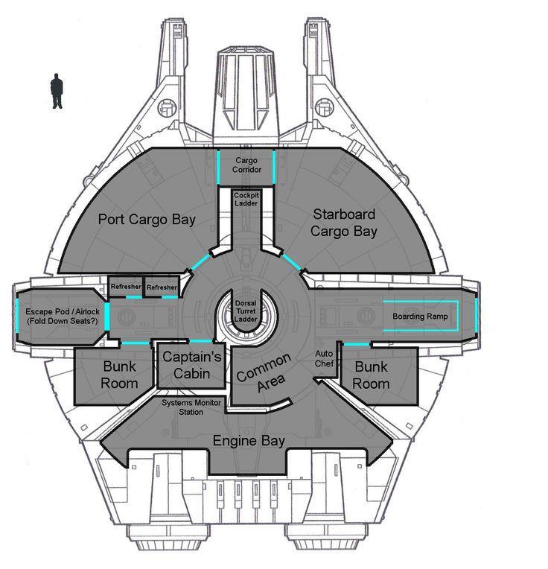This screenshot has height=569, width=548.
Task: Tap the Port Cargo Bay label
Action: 147,219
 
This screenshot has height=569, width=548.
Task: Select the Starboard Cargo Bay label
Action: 344,222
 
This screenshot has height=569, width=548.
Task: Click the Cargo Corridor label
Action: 246,165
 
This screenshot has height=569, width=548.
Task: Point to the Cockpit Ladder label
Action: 246,199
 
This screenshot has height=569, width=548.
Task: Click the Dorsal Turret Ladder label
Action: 246,311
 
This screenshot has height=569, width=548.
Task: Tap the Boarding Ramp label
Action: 419,317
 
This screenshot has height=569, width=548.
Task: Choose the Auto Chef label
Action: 323,360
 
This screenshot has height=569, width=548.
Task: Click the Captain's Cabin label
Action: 191,365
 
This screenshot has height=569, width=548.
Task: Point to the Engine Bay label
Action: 249,441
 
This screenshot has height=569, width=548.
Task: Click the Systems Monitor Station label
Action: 193,407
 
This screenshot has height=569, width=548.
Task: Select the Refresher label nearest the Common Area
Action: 162,287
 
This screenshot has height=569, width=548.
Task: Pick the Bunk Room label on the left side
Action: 119,375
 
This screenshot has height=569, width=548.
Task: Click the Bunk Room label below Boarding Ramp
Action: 371,375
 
